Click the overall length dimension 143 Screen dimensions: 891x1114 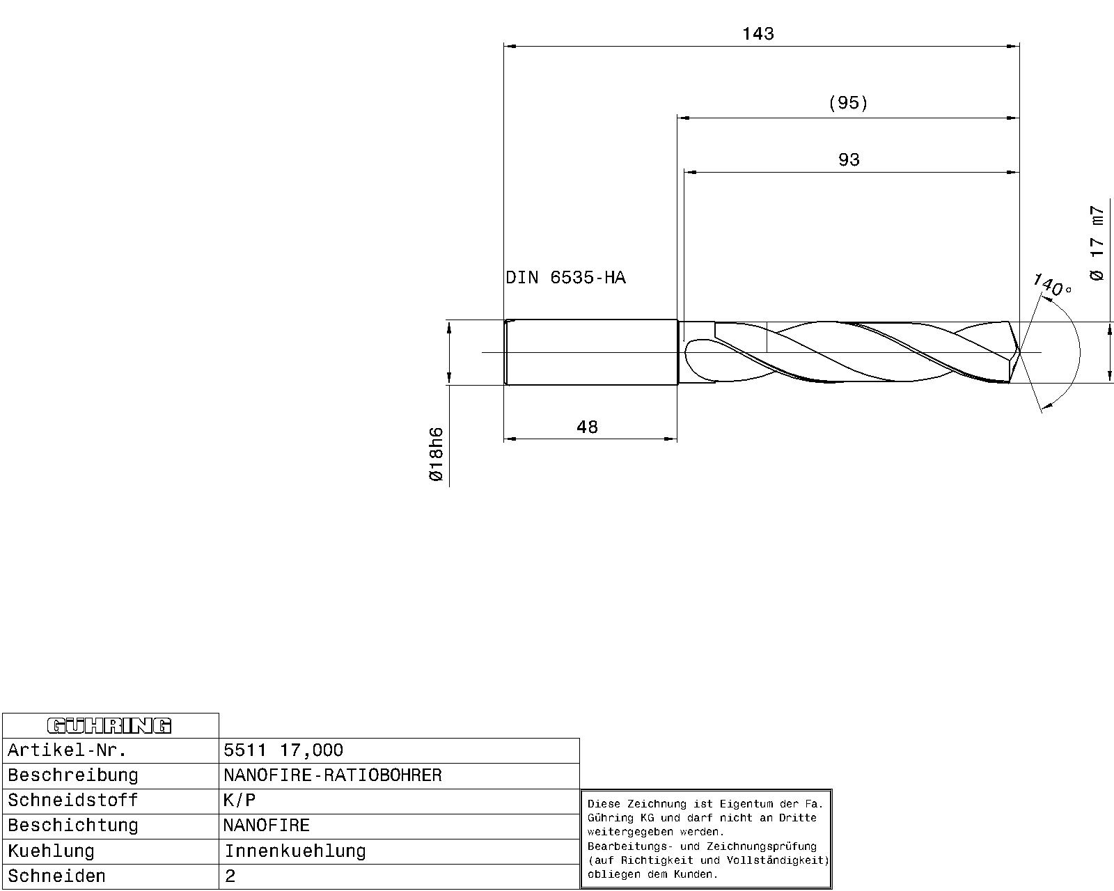tap(758, 33)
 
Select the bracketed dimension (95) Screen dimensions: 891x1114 tap(848, 103)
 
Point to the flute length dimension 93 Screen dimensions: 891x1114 tap(848, 160)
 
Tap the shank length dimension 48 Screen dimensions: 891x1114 tap(587, 427)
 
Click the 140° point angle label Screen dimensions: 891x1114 tap(1051, 285)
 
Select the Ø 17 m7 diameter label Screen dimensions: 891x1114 tap(1097, 243)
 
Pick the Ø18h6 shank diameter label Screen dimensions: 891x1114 tap(436, 454)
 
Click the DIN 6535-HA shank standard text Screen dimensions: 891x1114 tap(565, 278)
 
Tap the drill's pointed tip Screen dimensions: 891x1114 tap(1019, 352)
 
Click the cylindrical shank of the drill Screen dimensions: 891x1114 tap(590, 352)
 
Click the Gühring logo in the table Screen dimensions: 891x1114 tap(109, 726)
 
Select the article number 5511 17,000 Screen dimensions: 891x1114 tap(283, 750)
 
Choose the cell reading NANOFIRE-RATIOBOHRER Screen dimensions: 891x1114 tap(333, 775)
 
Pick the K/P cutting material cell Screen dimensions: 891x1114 tap(240, 800)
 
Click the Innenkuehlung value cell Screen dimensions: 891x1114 tap(295, 851)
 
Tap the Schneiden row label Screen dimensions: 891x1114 tap(57, 876)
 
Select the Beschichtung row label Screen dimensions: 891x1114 tap(73, 826)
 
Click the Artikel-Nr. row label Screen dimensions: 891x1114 tap(68, 750)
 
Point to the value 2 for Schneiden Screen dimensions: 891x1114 tap(230, 876)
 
